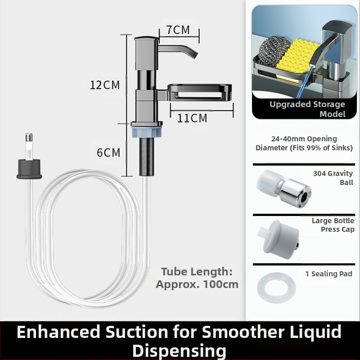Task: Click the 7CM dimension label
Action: pos(178,30)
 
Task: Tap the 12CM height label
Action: pos(105,85)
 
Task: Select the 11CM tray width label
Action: pos(192,118)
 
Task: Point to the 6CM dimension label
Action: pos(108,153)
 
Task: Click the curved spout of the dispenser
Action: pos(178,50)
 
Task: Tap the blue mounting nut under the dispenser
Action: pos(147,132)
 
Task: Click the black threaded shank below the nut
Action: pos(147,157)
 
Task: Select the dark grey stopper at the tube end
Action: pos(29,169)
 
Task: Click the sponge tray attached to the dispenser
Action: pos(199,92)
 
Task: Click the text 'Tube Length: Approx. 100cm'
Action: pos(197,278)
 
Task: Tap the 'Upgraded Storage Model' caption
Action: pos(308,109)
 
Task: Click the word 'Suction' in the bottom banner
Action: pos(137,332)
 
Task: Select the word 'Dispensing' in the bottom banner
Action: pos(179,351)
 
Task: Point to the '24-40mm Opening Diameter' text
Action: pos(304,143)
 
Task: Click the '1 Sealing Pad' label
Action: pos(329,274)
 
